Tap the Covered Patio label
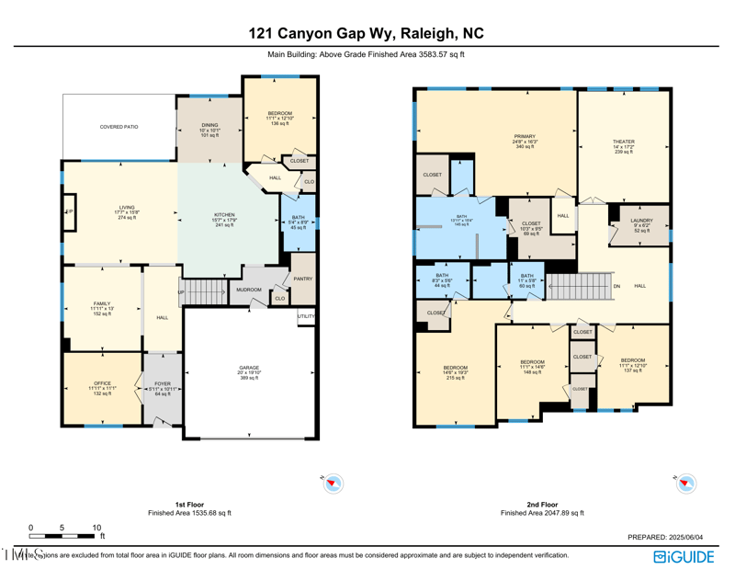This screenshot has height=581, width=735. pyautogui.click(x=119, y=127)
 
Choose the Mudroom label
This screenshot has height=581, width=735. pyautogui.click(x=248, y=290)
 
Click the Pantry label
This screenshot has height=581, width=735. pyautogui.click(x=303, y=279)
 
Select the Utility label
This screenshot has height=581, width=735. pyautogui.click(x=306, y=316)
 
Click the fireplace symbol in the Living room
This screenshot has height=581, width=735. pyautogui.click(x=69, y=211)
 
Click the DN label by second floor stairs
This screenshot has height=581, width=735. pyautogui.click(x=616, y=287)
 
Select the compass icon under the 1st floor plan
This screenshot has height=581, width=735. pyautogui.click(x=333, y=484)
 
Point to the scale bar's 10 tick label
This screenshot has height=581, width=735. pyautogui.click(x=96, y=528)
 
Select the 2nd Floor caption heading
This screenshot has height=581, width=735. pyautogui.click(x=542, y=505)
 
